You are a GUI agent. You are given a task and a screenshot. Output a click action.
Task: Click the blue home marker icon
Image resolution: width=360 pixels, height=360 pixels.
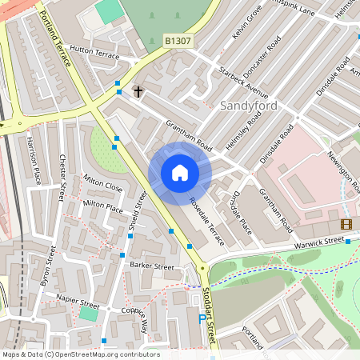180,173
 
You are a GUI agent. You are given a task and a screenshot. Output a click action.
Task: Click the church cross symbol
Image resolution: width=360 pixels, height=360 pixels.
138,92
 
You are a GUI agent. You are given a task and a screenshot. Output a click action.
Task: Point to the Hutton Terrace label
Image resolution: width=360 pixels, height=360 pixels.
94,53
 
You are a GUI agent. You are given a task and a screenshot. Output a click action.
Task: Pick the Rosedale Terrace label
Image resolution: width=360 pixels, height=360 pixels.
206,214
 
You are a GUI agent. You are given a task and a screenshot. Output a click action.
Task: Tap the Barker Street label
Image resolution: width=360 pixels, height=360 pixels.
152,265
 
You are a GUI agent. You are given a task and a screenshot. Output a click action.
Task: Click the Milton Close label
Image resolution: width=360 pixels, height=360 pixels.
103,185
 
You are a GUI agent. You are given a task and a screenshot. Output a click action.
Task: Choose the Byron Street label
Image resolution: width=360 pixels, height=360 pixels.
46,266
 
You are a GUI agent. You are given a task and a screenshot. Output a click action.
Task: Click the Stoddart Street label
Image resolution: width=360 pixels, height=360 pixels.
210,317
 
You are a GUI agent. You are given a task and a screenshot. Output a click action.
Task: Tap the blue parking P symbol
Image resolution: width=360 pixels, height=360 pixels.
201,318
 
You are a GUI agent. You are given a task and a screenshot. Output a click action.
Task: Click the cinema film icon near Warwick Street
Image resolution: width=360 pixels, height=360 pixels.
346,225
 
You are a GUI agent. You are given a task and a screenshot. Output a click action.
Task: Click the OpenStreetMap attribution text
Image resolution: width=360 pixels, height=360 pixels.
80,354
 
